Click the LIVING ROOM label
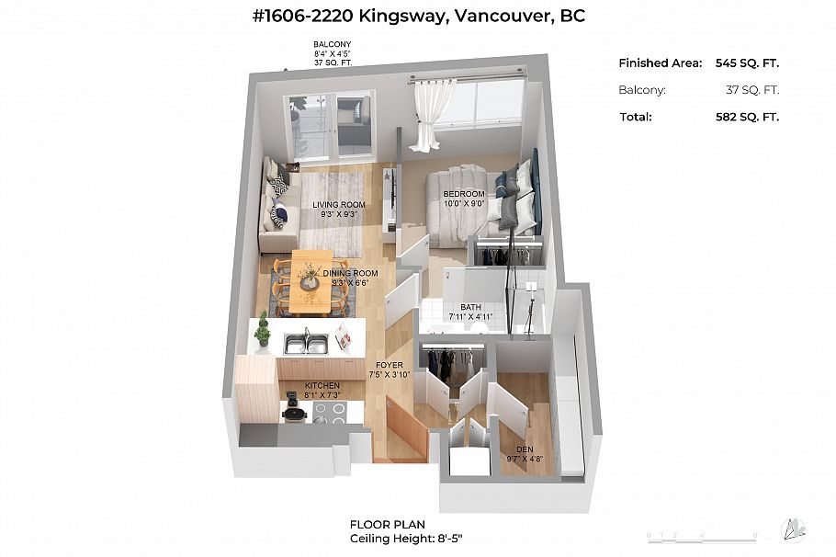point(339,205)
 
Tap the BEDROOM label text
point(463,194)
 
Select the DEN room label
point(525,449)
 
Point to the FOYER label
point(386,365)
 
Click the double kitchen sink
point(306,344)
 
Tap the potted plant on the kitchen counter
point(263,330)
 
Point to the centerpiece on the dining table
point(310,275)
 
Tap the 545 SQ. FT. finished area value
point(740,63)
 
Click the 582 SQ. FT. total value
point(740,117)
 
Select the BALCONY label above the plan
point(333,44)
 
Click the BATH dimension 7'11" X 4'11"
point(470,317)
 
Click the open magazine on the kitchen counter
point(344,338)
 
